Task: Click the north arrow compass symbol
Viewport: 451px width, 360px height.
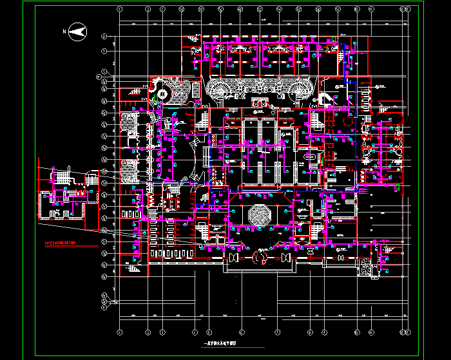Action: click(78, 30)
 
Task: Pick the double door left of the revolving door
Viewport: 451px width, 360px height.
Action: click(232, 258)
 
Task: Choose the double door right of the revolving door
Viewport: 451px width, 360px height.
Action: click(285, 258)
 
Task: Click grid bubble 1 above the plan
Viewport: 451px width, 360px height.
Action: click(120, 10)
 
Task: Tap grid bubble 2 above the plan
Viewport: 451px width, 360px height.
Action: click(148, 10)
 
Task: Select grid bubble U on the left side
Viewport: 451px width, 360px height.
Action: click(104, 37)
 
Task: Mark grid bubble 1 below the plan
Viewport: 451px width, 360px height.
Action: click(120, 332)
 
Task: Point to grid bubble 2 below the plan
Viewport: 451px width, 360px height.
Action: click(148, 332)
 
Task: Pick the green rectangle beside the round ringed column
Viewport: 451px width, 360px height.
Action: click(157, 102)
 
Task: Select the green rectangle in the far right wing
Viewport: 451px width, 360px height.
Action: click(394, 147)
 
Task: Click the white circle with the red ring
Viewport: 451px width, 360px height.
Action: click(162, 94)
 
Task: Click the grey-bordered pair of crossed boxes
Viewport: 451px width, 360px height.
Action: click(171, 202)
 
